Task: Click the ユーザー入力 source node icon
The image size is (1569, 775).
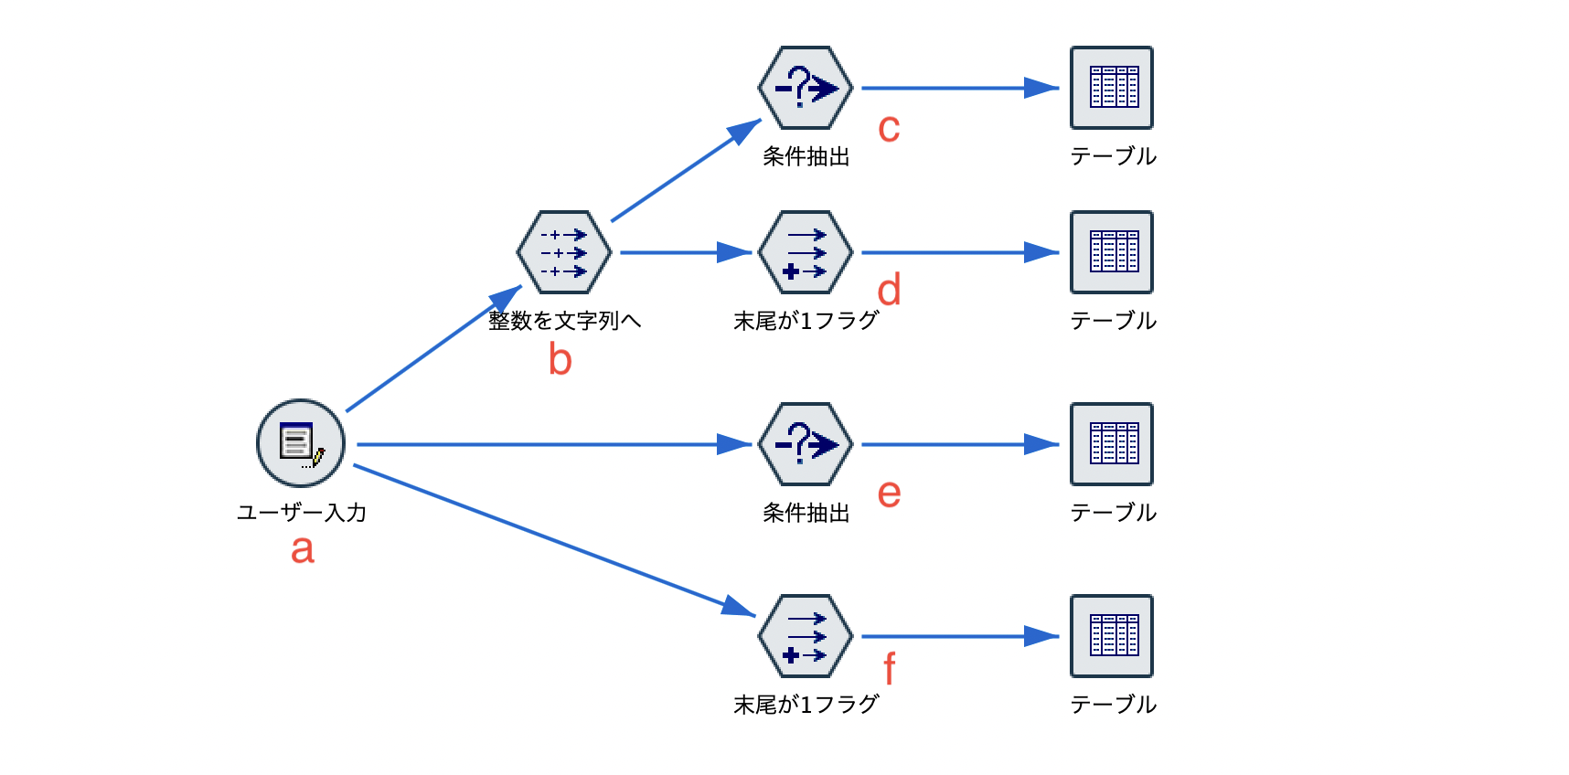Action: (x=301, y=443)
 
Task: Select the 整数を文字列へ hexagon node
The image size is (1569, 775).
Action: (x=564, y=252)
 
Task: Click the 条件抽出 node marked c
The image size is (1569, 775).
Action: (x=806, y=88)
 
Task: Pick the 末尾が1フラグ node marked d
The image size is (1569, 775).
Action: (x=806, y=252)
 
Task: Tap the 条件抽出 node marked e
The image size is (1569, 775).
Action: (x=806, y=444)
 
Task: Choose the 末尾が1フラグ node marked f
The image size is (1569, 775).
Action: (x=806, y=636)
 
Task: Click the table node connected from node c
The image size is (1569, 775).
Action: (x=1112, y=88)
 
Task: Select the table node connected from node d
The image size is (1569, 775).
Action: (x=1112, y=252)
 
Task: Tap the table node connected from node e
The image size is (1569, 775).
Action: (x=1112, y=444)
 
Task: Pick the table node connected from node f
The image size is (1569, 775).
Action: (x=1112, y=636)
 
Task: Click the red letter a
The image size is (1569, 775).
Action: (x=303, y=549)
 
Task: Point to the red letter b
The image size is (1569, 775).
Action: (x=560, y=359)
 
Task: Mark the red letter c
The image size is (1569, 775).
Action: (x=889, y=128)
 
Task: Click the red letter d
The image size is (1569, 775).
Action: (x=889, y=290)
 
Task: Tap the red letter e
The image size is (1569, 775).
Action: (x=889, y=494)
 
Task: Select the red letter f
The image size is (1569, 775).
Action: (x=890, y=669)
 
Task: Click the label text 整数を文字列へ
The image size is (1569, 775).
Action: (x=564, y=321)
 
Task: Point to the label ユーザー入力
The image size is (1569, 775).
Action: (x=302, y=513)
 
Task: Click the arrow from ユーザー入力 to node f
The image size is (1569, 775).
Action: (x=549, y=538)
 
